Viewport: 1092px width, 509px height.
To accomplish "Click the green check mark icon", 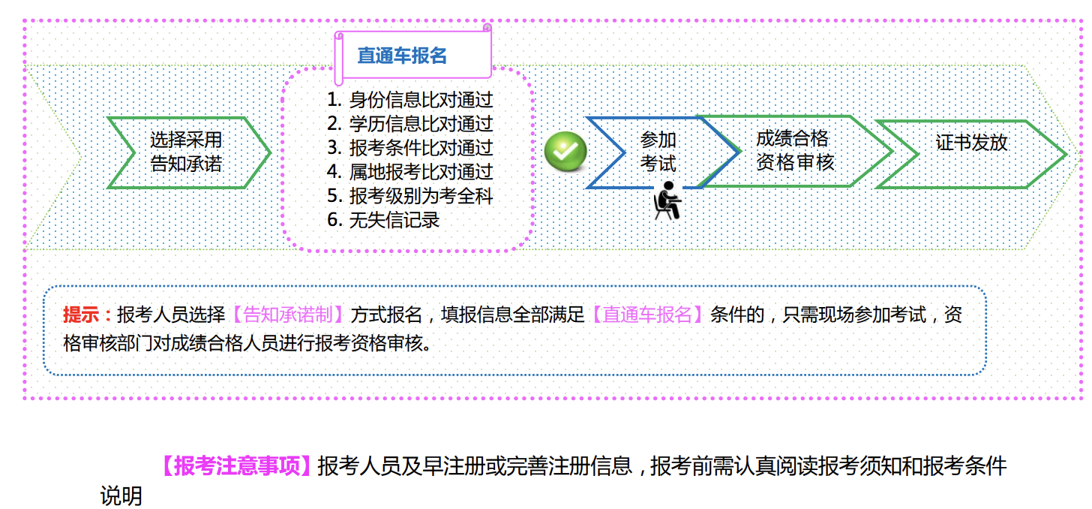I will (x=565, y=151).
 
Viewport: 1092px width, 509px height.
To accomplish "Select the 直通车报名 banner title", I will (x=402, y=56).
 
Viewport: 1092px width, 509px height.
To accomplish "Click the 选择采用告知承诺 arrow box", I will (x=187, y=152).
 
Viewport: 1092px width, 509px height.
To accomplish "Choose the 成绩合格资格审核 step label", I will (x=795, y=150).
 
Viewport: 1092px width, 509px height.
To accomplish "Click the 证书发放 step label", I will (x=971, y=143).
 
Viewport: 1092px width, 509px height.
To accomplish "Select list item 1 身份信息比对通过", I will (x=410, y=99).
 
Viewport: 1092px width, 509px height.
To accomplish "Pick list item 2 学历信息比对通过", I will (x=410, y=123).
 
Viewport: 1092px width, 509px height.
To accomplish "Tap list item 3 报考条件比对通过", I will (x=410, y=147).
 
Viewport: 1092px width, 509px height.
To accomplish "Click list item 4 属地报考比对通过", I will (x=410, y=171).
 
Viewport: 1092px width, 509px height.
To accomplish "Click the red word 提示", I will (x=82, y=315).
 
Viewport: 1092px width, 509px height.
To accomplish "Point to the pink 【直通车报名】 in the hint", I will (x=648, y=315).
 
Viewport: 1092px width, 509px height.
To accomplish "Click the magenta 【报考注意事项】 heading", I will (x=235, y=466).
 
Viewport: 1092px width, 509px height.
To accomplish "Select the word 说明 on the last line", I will (x=121, y=495).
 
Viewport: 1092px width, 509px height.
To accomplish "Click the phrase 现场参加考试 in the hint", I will (x=871, y=315).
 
